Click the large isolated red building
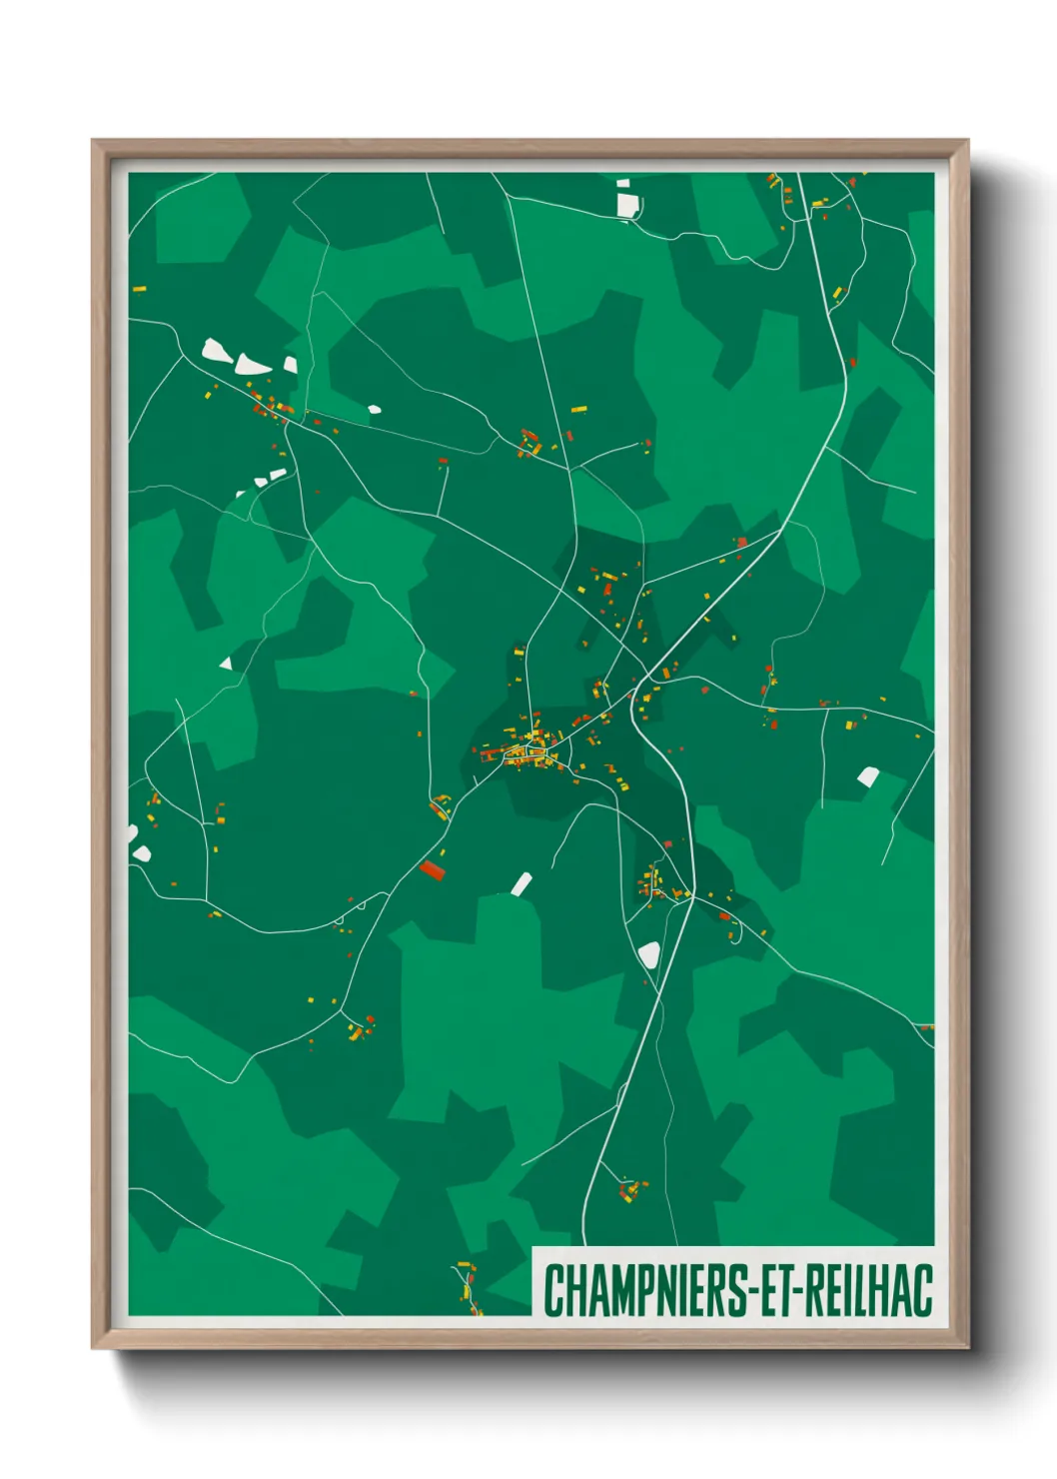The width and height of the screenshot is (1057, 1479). coord(432,869)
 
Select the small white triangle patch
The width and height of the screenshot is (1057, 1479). coord(226,663)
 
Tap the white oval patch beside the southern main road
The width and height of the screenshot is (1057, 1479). coord(649,954)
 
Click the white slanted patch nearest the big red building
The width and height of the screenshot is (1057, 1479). coord(521,883)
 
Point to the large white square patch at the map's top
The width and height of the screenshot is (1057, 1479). coord(626,205)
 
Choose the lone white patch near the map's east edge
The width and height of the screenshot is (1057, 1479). coord(867,775)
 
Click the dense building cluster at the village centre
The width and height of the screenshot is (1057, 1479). coord(525,749)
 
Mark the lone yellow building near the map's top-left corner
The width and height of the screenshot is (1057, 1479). coord(139,289)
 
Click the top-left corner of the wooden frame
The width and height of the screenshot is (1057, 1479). coord(93,141)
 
